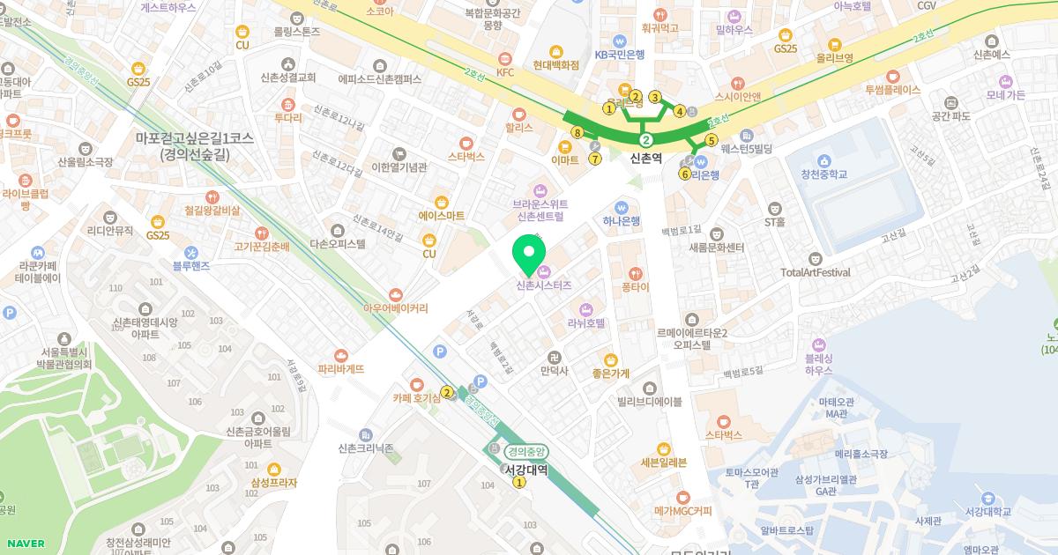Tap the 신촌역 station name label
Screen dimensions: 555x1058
pyautogui.click(x=646, y=158)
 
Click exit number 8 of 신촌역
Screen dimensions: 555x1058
pyautogui.click(x=577, y=132)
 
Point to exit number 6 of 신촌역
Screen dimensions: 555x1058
pyautogui.click(x=685, y=174)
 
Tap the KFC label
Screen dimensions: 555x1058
pyautogui.click(x=505, y=72)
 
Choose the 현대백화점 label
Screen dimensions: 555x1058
pyautogui.click(x=556, y=64)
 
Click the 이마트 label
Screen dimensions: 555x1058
pyautogui.click(x=564, y=159)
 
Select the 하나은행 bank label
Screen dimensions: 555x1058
pyautogui.click(x=622, y=220)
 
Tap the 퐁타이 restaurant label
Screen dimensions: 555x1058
pyautogui.click(x=635, y=287)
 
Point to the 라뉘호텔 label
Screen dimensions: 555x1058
pyautogui.click(x=586, y=323)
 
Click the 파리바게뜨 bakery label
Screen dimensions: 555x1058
pyautogui.click(x=341, y=369)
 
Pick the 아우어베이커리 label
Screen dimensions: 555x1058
pyautogui.click(x=396, y=308)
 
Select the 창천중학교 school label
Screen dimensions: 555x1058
pyautogui.click(x=823, y=174)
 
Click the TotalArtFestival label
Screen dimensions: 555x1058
pyautogui.click(x=816, y=272)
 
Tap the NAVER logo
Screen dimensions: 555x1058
pyautogui.click(x=26, y=544)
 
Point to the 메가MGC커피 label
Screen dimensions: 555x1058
pyautogui.click(x=682, y=510)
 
